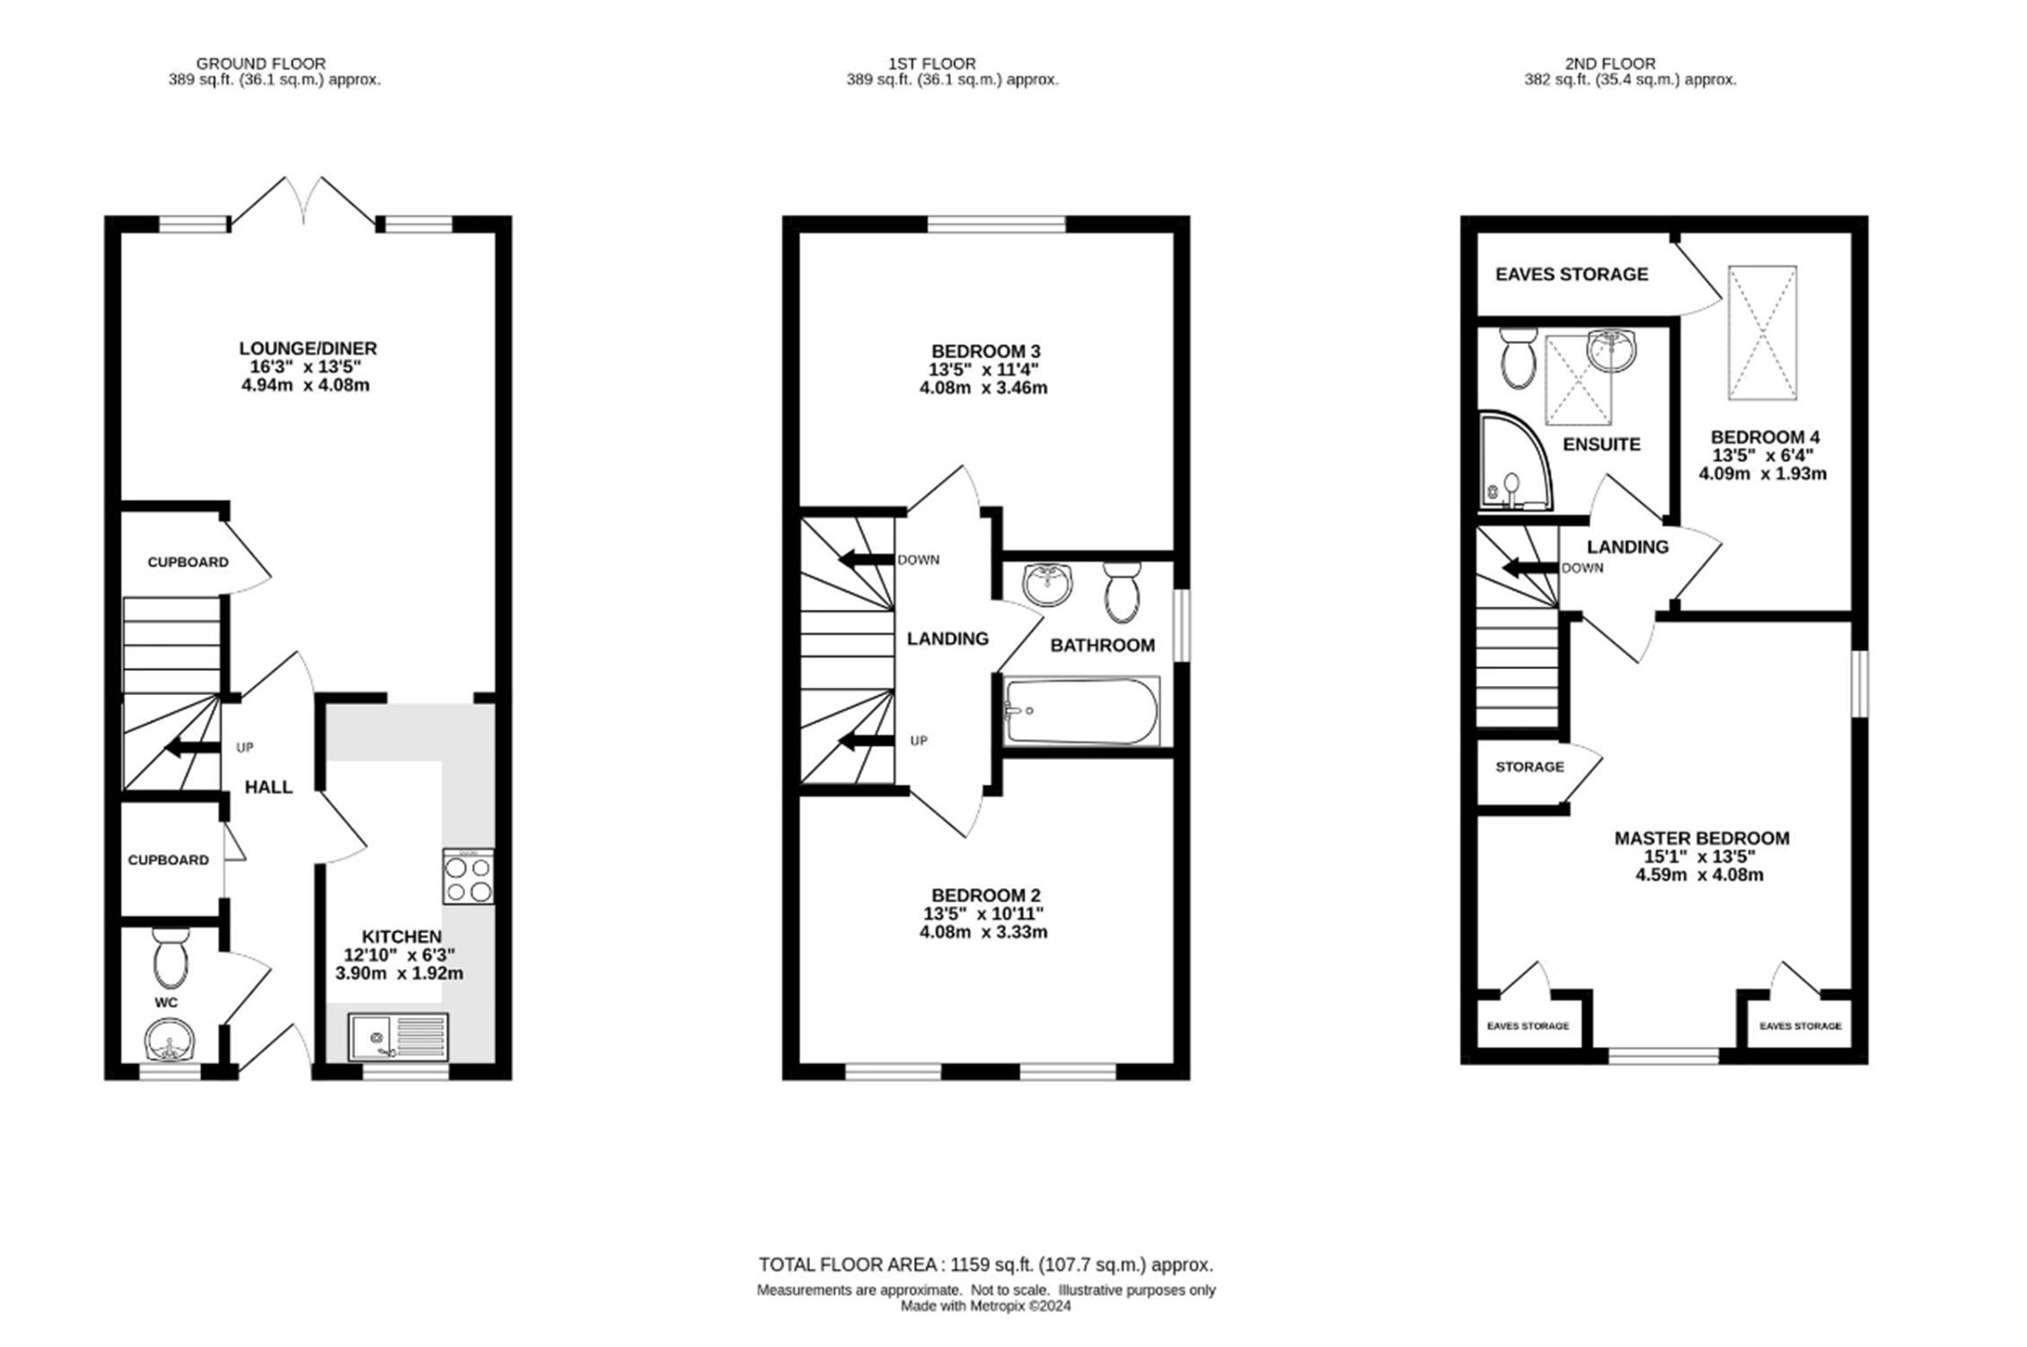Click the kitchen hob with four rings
tap(468, 876)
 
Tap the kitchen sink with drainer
tap(399, 1037)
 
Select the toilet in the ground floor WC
tap(170, 958)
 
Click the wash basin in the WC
tap(169, 1040)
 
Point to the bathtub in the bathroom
tap(1082, 711)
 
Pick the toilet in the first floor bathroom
tap(1123, 592)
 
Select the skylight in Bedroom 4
tap(1763, 332)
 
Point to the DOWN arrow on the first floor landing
tap(867, 559)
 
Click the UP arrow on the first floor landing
tap(867, 741)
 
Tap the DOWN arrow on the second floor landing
tap(1531, 568)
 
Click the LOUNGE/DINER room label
tap(308, 348)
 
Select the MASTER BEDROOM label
tap(1702, 838)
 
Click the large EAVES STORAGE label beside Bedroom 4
tap(1572, 274)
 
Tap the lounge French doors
tap(304, 200)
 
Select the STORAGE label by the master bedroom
tap(1529, 767)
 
